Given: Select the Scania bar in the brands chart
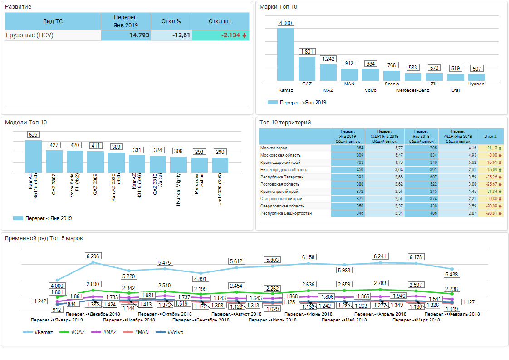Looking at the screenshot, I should pyautogui.click(x=392, y=76).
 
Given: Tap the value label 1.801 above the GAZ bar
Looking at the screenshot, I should pyautogui.click(x=307, y=52).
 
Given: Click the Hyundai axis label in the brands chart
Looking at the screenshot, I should pyautogui.click(x=476, y=84).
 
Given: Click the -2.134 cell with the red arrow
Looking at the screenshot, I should pyautogui.click(x=221, y=35).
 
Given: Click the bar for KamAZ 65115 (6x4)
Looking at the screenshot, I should pyautogui.click(x=33, y=156).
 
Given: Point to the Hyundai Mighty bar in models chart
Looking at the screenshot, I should pyautogui.click(x=178, y=164).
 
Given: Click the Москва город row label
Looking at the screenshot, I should pyautogui.click(x=274, y=148).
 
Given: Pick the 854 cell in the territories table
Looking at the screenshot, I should pyautogui.click(x=348, y=148).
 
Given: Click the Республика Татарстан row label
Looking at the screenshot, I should pyautogui.click(x=282, y=177).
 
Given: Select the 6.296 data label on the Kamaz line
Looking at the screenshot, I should pyautogui.click(x=93, y=256).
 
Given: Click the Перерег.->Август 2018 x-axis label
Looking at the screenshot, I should pyautogui.click(x=236, y=314).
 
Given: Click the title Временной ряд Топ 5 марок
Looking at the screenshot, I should pyautogui.click(x=44, y=238).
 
